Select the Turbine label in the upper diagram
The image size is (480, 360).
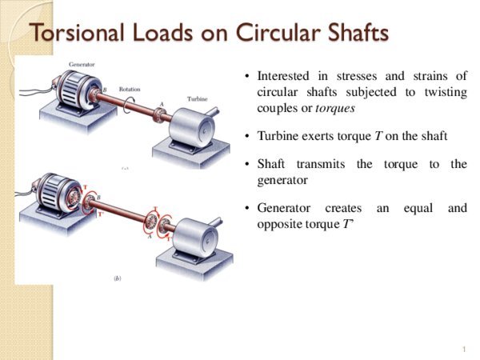tap(198, 98)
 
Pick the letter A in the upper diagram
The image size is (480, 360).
tap(161, 104)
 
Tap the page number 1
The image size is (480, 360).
tap(463, 350)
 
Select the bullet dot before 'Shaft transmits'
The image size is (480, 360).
tap(247, 165)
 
